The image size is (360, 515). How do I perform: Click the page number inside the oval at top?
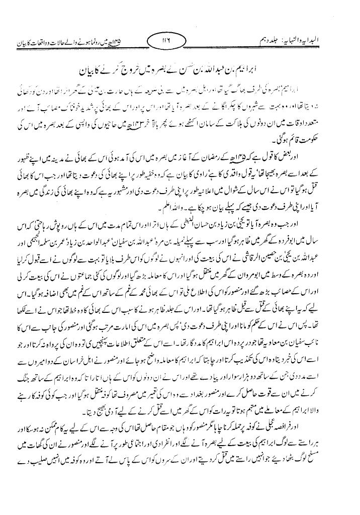tap(179, 38)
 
